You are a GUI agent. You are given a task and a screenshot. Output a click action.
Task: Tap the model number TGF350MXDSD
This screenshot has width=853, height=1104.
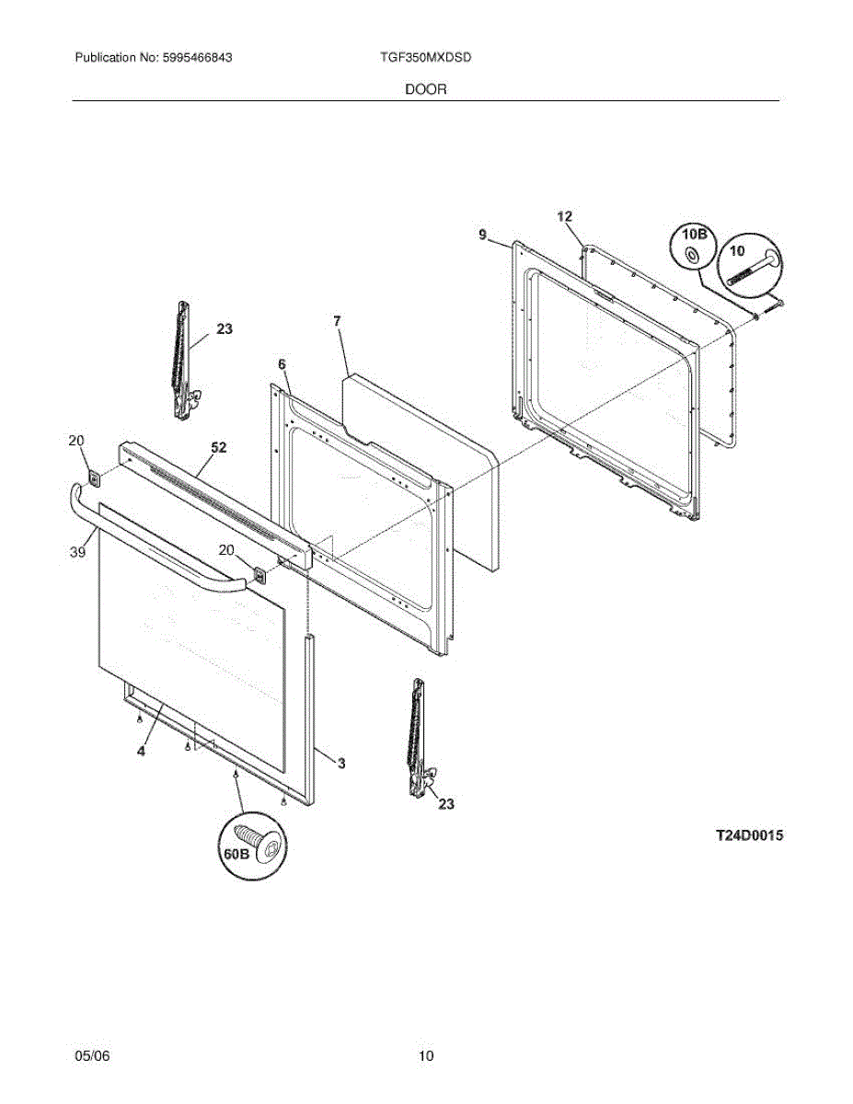pyautogui.click(x=426, y=57)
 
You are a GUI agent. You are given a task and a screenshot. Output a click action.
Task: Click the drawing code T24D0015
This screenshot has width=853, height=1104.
pyautogui.click(x=750, y=836)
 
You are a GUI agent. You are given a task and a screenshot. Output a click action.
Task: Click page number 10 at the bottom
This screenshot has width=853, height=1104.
pyautogui.click(x=426, y=1056)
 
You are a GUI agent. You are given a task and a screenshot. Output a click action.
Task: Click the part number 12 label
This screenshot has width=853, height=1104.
pyautogui.click(x=565, y=216)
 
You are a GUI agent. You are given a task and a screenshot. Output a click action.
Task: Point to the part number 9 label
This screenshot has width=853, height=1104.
pyautogui.click(x=482, y=236)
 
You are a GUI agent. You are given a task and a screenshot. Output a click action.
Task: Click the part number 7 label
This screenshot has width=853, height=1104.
pyautogui.click(x=337, y=321)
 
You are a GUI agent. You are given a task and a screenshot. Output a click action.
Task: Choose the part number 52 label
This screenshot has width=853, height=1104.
pyautogui.click(x=218, y=447)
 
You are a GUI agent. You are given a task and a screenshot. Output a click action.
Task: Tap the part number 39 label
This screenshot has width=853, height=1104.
pyautogui.click(x=77, y=552)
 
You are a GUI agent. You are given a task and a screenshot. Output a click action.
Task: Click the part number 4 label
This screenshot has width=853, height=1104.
pyautogui.click(x=141, y=751)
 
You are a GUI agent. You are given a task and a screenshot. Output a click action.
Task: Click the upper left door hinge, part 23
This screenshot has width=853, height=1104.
pyautogui.click(x=183, y=359)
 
